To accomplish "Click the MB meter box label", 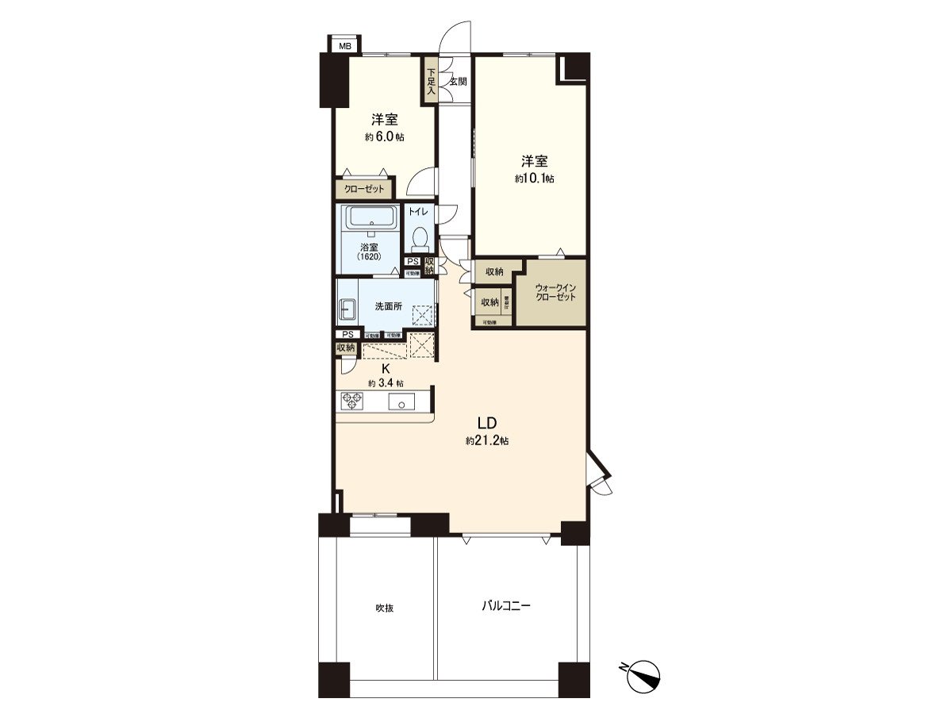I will click(344, 46).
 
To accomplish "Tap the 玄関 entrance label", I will click(458, 81).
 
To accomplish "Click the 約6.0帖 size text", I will click(385, 136).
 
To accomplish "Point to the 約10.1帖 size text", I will click(534, 178).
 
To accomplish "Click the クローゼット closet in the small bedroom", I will click(364, 190).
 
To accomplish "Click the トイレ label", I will click(418, 212).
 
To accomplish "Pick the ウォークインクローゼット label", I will click(555, 292).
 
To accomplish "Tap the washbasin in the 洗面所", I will click(348, 309).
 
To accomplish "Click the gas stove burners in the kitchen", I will click(351, 401).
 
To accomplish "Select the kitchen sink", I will click(401, 402).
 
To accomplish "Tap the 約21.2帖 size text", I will click(487, 440).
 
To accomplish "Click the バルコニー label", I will click(505, 606).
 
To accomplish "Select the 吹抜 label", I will click(385, 608).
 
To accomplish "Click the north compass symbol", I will click(644, 675).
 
